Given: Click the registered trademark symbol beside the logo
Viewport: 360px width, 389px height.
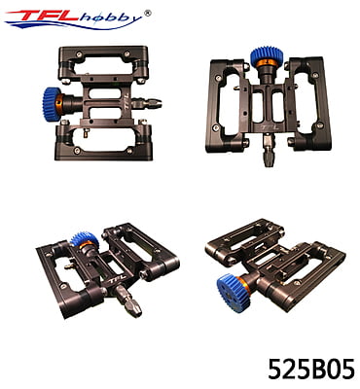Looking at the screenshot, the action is tap(147, 13).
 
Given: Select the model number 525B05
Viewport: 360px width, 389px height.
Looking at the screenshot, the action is tap(311, 369).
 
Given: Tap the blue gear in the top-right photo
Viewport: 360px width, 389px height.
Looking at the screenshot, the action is tap(267, 55).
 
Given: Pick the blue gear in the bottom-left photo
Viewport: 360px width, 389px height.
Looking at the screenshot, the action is tap(85, 238).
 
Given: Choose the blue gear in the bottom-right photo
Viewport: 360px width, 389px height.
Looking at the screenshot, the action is tap(233, 293).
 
